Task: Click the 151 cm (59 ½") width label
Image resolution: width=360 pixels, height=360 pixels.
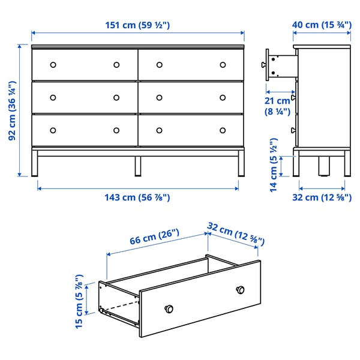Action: [x=138, y=25]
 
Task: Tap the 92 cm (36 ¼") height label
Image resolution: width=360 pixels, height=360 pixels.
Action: [x=12, y=110]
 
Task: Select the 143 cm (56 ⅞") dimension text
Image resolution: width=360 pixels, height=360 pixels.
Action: [x=138, y=197]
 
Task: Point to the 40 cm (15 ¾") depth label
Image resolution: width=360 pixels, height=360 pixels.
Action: [x=322, y=25]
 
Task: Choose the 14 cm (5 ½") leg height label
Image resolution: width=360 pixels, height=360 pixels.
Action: [x=273, y=169]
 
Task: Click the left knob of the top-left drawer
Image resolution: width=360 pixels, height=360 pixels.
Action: [x=52, y=65]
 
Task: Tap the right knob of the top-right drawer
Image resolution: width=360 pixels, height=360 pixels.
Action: [x=223, y=65]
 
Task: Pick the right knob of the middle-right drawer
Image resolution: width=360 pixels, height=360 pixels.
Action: [x=223, y=97]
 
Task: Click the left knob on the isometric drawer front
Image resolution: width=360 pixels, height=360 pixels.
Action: [x=169, y=308]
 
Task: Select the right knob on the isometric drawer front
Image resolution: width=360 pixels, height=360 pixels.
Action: [x=241, y=290]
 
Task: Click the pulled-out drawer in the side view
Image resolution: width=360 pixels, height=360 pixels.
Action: [x=280, y=64]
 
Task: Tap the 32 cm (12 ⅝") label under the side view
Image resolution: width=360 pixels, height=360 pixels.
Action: [x=322, y=197]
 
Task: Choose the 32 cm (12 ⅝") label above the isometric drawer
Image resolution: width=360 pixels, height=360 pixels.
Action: [x=236, y=232]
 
